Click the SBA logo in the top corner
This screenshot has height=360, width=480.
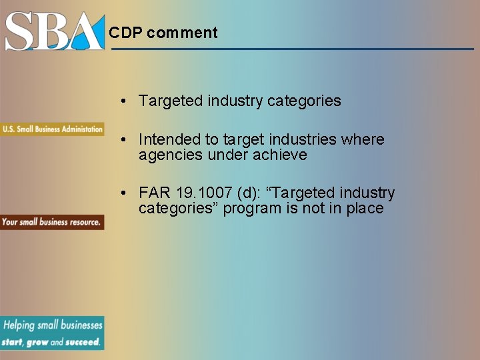tap(55, 31)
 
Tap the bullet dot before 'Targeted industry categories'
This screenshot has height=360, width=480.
tap(125, 101)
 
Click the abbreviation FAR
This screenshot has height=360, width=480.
tap(155, 193)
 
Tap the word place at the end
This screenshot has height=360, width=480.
tap(365, 209)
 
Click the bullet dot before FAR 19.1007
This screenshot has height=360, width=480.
tap(125, 193)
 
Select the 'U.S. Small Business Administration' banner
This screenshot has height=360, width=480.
tap(52, 129)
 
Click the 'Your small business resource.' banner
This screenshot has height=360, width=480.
tap(51, 222)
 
